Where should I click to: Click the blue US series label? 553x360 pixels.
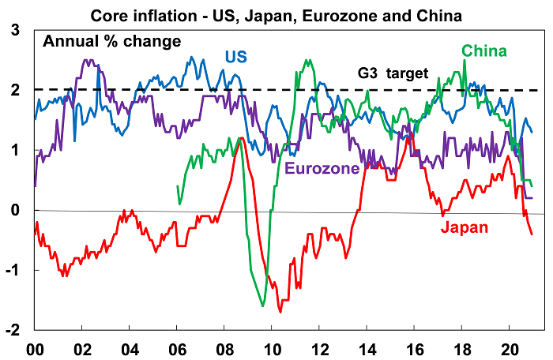pyautogui.click(x=235, y=58)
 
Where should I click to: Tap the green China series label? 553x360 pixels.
pyautogui.click(x=484, y=52)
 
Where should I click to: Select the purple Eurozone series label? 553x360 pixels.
pyautogui.click(x=322, y=168)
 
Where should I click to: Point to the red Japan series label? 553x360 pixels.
pyautogui.click(x=465, y=228)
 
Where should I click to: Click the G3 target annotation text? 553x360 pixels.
pyautogui.click(x=393, y=73)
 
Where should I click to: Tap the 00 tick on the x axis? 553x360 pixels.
pyautogui.click(x=35, y=347)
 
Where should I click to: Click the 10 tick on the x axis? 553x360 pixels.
pyautogui.click(x=273, y=347)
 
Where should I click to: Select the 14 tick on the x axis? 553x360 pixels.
pyautogui.click(x=367, y=347)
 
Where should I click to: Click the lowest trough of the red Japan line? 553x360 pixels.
pyautogui.click(x=280, y=312)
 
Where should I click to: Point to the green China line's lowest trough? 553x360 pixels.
pyautogui.click(x=262, y=306)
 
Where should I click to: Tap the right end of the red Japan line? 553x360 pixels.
pyautogui.click(x=532, y=234)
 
